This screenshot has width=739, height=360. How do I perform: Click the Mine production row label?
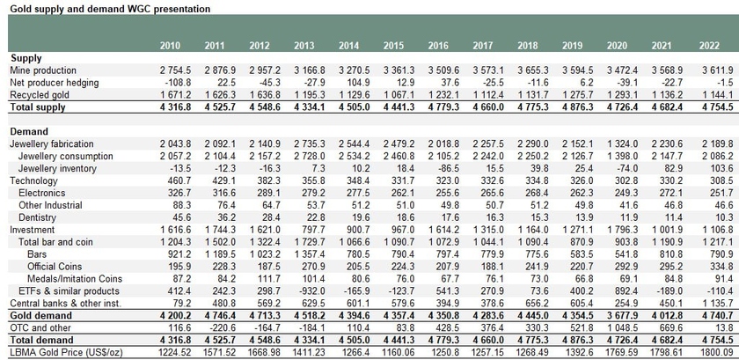[x=43, y=70]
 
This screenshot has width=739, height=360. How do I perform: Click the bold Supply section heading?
[x=26, y=58]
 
